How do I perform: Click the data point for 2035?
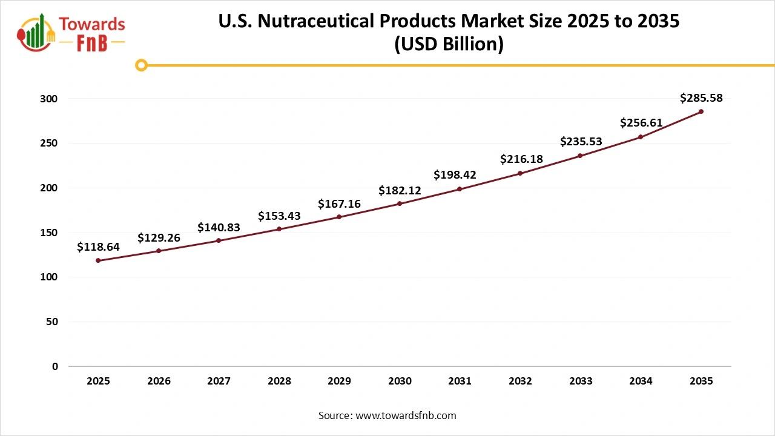[701, 111]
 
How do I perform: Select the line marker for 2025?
[98, 260]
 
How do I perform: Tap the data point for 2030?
[400, 203]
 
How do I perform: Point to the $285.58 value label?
[701, 97]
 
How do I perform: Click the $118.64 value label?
[98, 247]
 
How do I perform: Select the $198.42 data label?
[455, 175]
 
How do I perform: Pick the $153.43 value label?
[279, 216]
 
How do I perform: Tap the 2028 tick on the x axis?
[279, 381]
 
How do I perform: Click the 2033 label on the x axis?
[581, 381]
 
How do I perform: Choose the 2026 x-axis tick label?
[159, 381]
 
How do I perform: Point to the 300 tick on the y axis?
[50, 99]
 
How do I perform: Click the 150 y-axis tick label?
[50, 233]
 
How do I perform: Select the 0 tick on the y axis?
[54, 366]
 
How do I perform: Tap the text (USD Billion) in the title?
[449, 45]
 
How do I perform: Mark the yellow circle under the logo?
[141, 65]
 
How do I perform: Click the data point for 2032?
[520, 173]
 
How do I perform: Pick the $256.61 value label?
[641, 123]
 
